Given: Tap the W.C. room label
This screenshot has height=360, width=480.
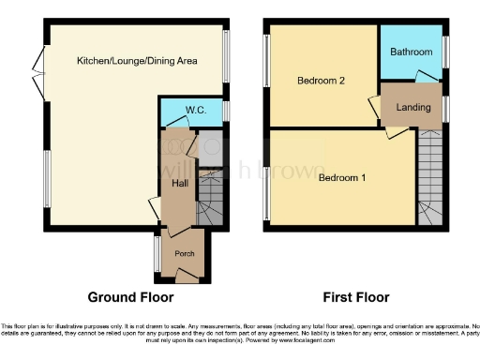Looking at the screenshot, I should pyautogui.click(x=196, y=111).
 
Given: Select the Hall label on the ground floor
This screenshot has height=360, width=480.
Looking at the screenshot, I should pyautogui.click(x=180, y=183).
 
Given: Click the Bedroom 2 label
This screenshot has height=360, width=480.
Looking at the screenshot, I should pyautogui.click(x=322, y=82).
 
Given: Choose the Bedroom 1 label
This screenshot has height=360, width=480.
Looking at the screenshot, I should pyautogui.click(x=342, y=177).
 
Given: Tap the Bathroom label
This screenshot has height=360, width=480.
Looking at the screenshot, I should pyautogui.click(x=412, y=52).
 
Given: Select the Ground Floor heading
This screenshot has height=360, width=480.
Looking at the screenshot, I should pyautogui.click(x=130, y=298).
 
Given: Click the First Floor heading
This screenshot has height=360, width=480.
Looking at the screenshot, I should pyautogui.click(x=356, y=298).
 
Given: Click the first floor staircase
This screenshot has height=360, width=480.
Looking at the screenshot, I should pyautogui.click(x=429, y=178).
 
